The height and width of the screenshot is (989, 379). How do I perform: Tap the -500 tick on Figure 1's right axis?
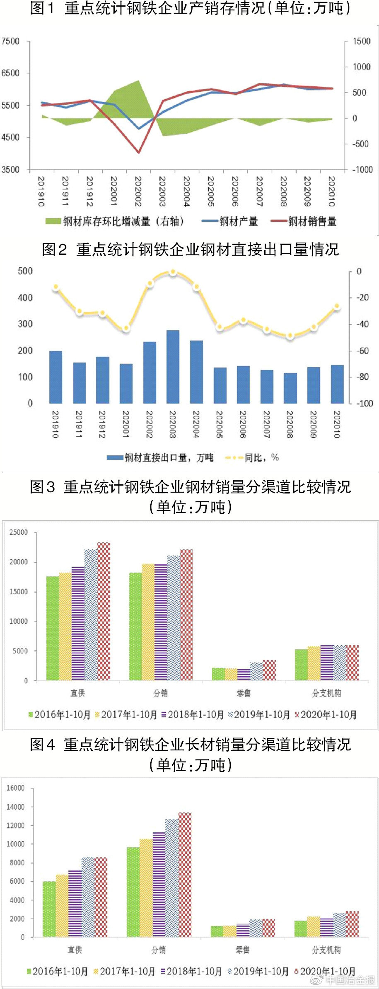pyautogui.click(x=360, y=144)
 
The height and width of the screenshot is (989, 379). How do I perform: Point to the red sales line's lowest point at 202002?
pyautogui.click(x=138, y=152)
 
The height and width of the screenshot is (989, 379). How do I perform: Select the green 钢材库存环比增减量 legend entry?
pyautogui.click(x=114, y=221)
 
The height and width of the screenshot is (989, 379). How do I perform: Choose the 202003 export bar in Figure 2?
pyautogui.click(x=173, y=366)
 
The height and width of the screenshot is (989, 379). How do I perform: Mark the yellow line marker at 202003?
pyautogui.click(x=173, y=272)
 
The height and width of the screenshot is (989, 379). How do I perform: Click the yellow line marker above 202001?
pyautogui.click(x=126, y=328)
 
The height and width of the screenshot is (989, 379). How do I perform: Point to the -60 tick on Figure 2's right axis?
pyautogui.click(x=362, y=351)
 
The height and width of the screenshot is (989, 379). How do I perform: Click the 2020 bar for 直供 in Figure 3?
pyautogui.click(x=104, y=611)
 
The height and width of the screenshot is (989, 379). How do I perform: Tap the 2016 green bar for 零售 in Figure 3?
pyautogui.click(x=218, y=674)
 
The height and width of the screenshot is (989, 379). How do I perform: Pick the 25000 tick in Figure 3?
pyautogui.click(x=19, y=532)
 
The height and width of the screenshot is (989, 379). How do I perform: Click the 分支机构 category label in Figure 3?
pyautogui.click(x=326, y=693)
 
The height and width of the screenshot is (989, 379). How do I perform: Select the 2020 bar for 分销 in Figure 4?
pyautogui.click(x=185, y=874)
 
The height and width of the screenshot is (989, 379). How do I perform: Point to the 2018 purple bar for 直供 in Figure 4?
pyautogui.click(x=75, y=903)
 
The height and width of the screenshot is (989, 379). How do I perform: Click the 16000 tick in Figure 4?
pyautogui.click(x=15, y=788)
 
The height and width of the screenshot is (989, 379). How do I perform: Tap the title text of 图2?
pyautogui.click(x=190, y=249)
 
